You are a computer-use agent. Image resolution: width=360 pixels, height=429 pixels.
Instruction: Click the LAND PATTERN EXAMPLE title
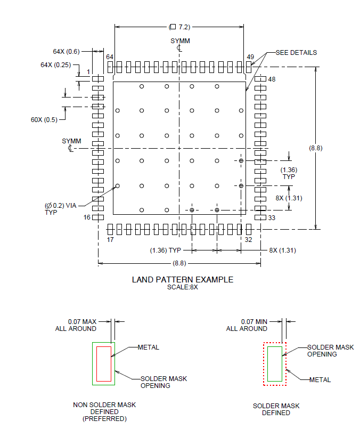(182, 280)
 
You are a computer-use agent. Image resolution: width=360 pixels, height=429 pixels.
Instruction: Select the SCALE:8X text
(182, 287)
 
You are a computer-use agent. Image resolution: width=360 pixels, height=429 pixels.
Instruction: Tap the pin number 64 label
(110, 57)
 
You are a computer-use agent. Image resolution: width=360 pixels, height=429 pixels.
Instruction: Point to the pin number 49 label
(250, 57)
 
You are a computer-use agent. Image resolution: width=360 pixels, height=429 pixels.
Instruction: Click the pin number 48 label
(272, 79)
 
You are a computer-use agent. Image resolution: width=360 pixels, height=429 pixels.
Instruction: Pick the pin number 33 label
(272, 217)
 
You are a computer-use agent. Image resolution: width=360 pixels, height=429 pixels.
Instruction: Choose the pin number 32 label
(248, 240)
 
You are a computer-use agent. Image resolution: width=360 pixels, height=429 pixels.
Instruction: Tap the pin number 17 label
(110, 240)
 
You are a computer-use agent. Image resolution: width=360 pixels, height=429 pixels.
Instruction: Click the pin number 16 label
(88, 217)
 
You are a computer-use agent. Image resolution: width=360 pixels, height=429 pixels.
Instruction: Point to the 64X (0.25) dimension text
(55, 64)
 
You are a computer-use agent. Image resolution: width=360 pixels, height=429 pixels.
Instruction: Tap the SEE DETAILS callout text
(296, 53)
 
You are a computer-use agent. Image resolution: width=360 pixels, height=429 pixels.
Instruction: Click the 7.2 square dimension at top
(179, 27)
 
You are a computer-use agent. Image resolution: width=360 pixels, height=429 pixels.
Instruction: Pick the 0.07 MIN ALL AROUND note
(247, 325)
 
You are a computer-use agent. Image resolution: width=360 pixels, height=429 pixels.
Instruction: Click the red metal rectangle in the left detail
(103, 363)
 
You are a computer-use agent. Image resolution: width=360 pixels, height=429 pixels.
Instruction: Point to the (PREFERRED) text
(104, 419)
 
